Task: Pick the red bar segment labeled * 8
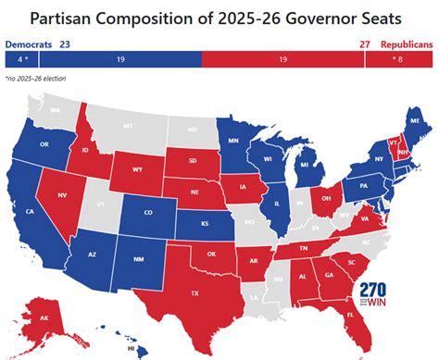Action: click(399, 58)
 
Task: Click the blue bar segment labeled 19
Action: click(120, 58)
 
